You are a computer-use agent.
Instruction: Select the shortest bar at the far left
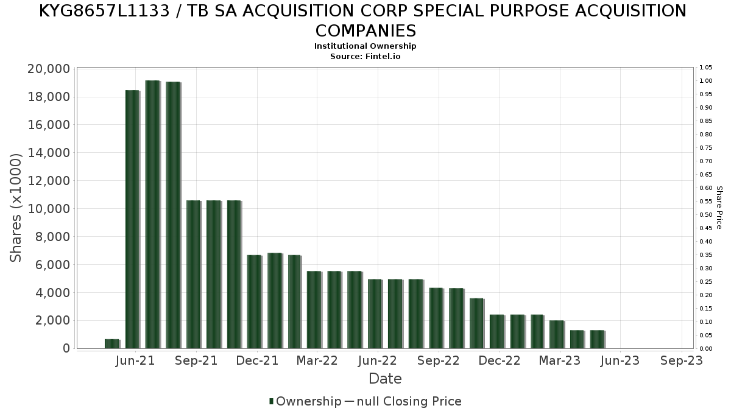coord(111,343)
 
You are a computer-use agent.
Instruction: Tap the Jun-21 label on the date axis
coord(135,360)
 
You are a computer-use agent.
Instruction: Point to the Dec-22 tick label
coord(500,360)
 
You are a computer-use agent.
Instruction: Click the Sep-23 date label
coord(681,360)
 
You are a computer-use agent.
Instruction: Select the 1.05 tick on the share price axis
coord(706,68)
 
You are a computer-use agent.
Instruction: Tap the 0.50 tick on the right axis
coord(706,215)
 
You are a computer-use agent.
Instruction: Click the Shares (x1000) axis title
coord(16,208)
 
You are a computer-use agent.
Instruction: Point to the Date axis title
coord(385,379)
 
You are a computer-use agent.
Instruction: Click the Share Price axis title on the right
coord(719,208)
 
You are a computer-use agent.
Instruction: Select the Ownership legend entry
coord(308,401)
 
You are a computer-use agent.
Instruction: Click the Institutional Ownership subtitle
coord(365,46)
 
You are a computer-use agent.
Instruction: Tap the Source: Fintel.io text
coord(365,56)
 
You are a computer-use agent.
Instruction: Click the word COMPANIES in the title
coord(365,30)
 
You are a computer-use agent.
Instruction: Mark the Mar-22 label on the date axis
coord(317,360)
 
